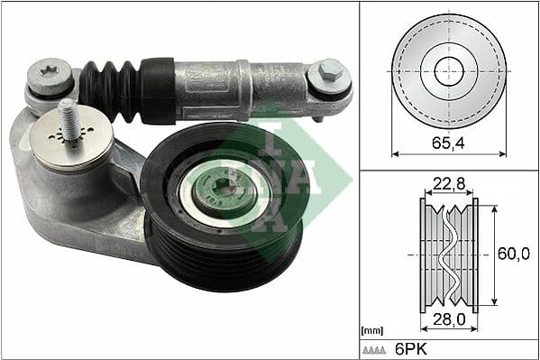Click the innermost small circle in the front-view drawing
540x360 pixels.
coord(449,71)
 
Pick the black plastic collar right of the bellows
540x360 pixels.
coord(157,91)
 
